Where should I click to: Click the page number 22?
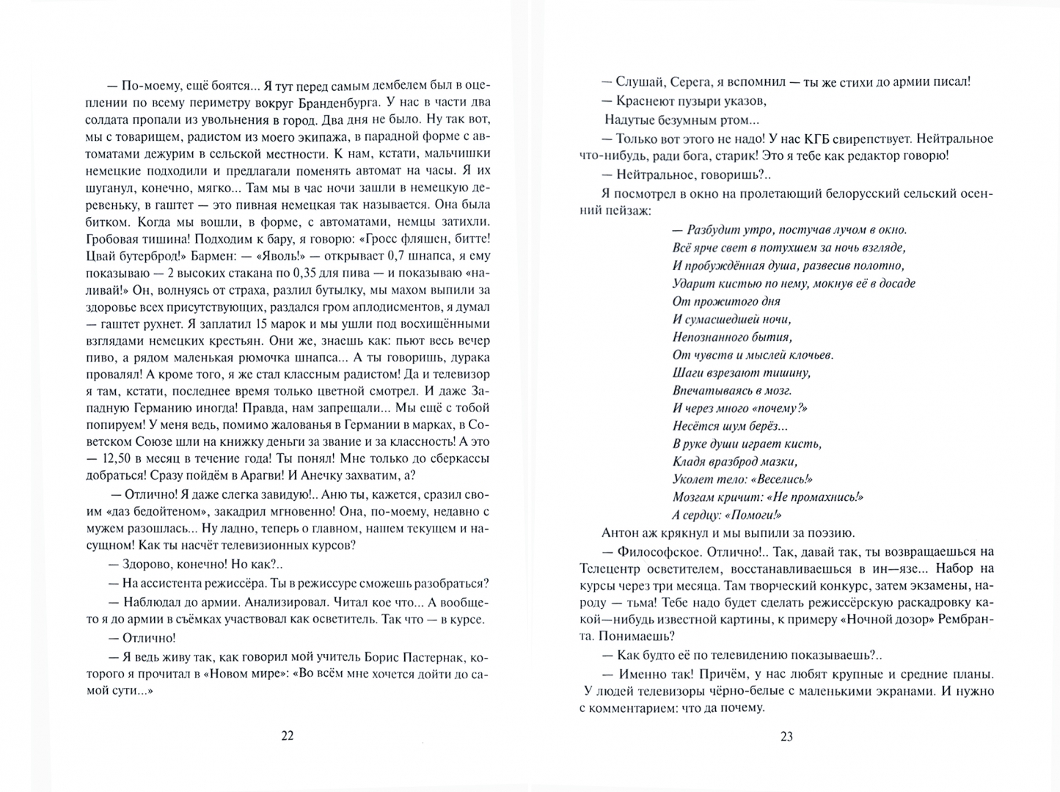pyautogui.click(x=287, y=736)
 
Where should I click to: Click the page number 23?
pyautogui.click(x=786, y=737)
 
